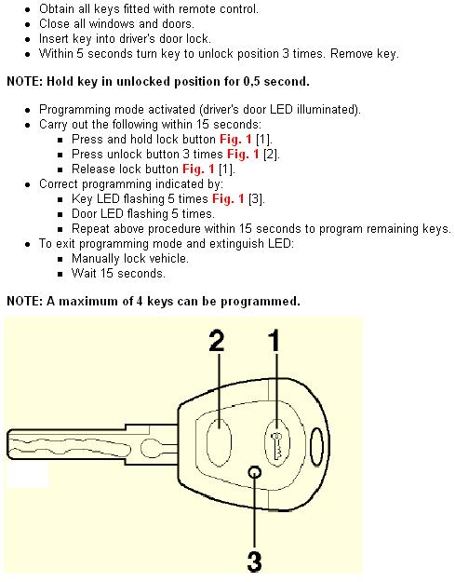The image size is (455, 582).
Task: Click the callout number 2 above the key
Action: (217, 341)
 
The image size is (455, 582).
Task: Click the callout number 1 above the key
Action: (274, 341)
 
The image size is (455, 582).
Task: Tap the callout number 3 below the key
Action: (254, 562)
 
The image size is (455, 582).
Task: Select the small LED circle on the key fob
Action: (255, 472)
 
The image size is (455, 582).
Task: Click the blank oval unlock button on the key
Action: (219, 442)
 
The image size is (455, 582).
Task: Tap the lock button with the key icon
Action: (277, 442)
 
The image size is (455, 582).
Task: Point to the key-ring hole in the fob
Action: (316, 447)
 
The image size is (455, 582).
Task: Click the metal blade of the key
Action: (92, 445)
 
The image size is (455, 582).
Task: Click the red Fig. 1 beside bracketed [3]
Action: (228, 199)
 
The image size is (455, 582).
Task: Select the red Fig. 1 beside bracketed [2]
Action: (243, 154)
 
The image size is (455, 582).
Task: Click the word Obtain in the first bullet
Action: (57, 9)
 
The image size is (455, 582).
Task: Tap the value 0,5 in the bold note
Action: (252, 82)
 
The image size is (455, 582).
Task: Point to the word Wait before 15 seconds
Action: (84, 273)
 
